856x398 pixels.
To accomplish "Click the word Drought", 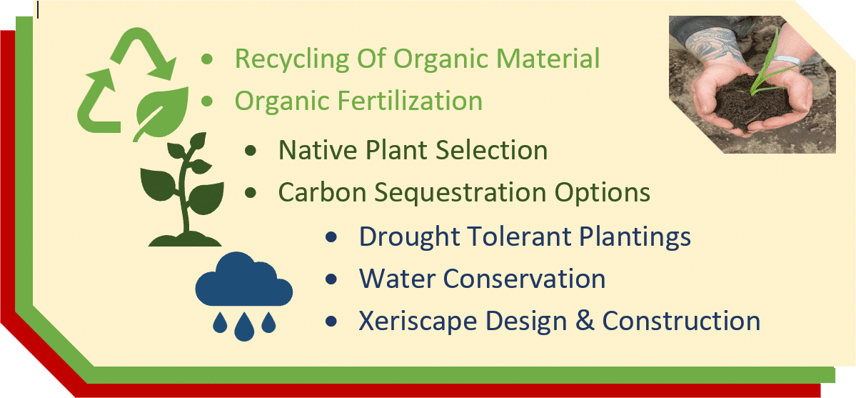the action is (x=399, y=237).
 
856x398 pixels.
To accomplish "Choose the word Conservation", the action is (x=524, y=279).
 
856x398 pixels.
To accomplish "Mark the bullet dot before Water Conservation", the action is (x=331, y=279).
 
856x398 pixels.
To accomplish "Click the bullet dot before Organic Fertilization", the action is (x=207, y=101).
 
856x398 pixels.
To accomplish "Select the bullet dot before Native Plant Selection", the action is (x=251, y=151).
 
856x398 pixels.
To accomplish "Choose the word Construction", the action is (x=681, y=322).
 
